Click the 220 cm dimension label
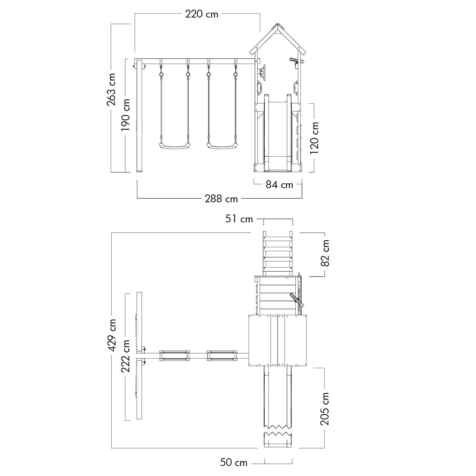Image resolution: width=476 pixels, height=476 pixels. pos(201,14)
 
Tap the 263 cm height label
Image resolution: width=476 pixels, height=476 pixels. pos(111,89)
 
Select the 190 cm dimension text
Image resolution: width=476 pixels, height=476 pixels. pos(126,115)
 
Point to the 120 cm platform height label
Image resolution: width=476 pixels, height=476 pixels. pos(314,138)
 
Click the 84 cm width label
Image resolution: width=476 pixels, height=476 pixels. pos(279,184)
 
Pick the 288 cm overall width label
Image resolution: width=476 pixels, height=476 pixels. pos(221,199)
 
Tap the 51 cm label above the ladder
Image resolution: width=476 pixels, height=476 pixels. pos(239,219)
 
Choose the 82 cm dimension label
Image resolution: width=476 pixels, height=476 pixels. pos(325,253)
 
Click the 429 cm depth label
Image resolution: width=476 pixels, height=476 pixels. pos(112,335)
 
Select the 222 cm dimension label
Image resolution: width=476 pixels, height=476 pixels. pos(126,356)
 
